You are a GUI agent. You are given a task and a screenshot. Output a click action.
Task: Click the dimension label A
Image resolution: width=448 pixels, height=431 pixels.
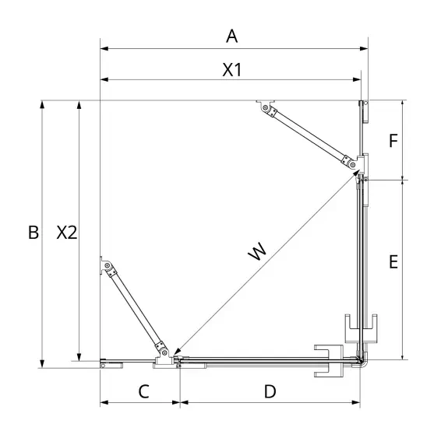(231, 37)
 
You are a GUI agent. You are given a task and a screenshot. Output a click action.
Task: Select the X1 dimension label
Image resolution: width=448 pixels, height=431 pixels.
(232, 69)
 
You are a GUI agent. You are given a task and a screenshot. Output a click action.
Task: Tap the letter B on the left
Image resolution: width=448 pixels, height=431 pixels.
(34, 232)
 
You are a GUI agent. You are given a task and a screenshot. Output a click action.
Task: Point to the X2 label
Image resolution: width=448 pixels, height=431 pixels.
(66, 232)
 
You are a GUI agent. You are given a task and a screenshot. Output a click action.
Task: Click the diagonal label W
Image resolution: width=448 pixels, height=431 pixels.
(257, 251)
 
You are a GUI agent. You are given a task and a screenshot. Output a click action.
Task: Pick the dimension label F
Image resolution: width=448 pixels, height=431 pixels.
(393, 140)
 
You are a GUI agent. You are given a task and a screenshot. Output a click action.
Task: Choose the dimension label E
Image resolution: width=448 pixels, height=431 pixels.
(393, 262)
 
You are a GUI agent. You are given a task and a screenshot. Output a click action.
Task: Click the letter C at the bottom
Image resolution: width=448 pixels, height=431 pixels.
(143, 391)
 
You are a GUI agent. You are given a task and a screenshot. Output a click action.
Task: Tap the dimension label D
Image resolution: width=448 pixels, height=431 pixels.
(270, 391)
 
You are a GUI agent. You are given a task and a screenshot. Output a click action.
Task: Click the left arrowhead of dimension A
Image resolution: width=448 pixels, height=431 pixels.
(104, 48)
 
